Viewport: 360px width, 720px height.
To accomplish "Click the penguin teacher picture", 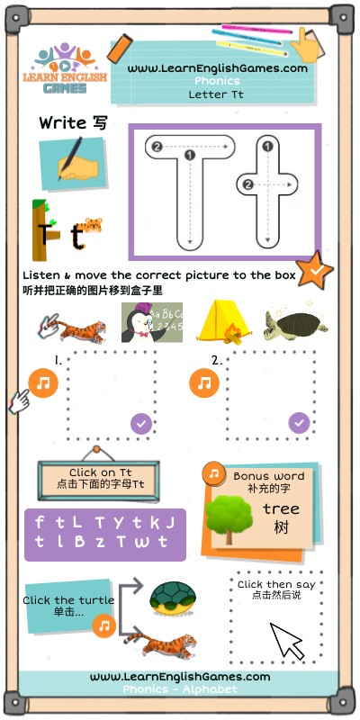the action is tap(152, 322).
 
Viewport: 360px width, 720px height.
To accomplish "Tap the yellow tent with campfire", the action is tap(223, 321).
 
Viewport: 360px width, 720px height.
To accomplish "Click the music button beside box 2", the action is tap(204, 383).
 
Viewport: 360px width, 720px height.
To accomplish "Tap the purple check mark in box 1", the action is tap(141, 423).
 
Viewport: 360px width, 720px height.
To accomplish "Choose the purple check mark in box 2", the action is tap(299, 423).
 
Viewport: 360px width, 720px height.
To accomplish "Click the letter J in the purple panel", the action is tap(170, 523).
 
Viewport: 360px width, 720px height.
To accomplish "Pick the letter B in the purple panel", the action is tap(79, 542).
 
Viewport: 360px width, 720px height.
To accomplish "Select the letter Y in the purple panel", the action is tap(119, 523).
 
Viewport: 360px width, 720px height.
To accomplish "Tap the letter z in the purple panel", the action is tap(100, 543).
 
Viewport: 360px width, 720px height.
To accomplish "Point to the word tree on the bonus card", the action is tap(281, 508).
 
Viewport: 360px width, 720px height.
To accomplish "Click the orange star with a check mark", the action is tap(314, 270).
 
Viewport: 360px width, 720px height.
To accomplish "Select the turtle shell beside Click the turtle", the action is tap(173, 598).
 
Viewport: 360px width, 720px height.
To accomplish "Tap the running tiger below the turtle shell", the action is tap(161, 644).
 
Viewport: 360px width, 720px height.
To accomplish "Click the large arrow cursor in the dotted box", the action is tap(286, 641).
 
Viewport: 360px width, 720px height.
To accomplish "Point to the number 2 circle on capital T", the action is tap(157, 147).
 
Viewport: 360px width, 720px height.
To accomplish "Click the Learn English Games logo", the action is tap(64, 68).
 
